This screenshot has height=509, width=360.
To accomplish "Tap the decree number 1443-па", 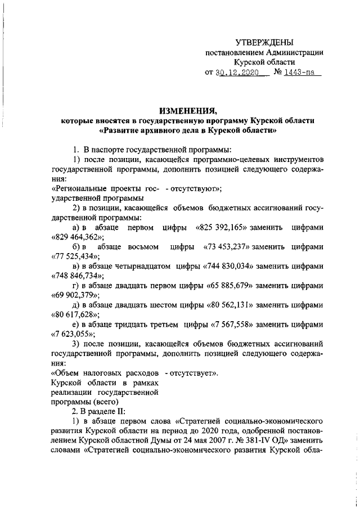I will coord(300,74).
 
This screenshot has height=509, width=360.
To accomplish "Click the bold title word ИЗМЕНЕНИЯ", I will coord(188,110).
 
